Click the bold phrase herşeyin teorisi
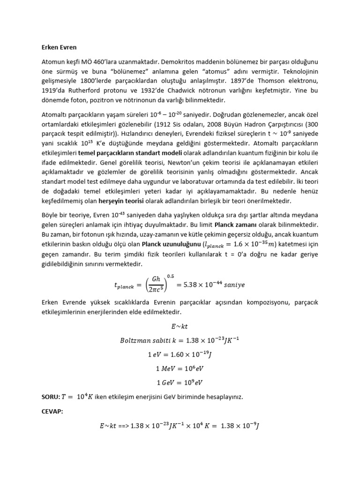[x=127, y=201]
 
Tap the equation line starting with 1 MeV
[x=180, y=368]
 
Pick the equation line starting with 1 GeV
[x=180, y=382]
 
